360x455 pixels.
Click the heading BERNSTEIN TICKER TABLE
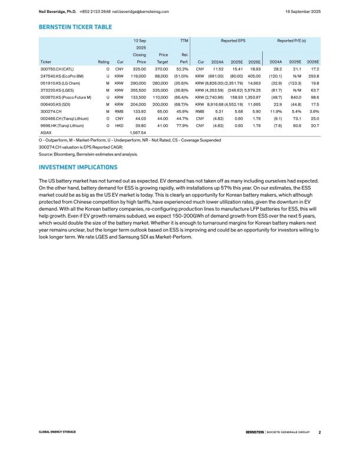point(75,26)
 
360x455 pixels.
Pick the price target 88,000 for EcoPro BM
point(159,77)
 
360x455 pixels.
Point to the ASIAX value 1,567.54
point(137,133)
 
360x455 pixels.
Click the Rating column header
point(103,61)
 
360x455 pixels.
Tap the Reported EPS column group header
point(233,41)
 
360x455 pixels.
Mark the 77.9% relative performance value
point(181,125)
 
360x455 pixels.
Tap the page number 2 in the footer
point(319,433)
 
